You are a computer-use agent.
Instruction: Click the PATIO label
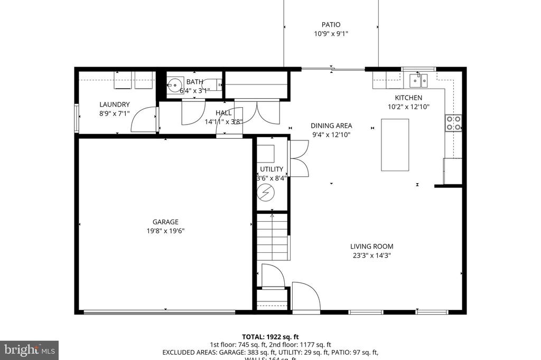tap(331, 24)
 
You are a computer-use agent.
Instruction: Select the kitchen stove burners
tap(453, 123)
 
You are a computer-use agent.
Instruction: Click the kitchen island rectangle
tap(395, 145)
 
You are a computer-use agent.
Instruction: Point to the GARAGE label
tap(165, 222)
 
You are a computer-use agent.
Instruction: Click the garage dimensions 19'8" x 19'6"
tap(165, 231)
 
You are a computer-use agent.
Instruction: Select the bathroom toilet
tap(214, 84)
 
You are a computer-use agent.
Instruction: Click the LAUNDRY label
tap(114, 105)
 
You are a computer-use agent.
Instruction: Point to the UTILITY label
tap(272, 169)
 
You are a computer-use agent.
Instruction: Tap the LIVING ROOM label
tap(371, 247)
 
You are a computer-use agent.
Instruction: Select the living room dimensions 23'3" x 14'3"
tap(371, 255)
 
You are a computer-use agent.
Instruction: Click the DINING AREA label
tap(331, 126)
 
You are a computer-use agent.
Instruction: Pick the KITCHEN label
tap(408, 98)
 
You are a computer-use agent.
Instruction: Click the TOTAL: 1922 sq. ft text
tap(270, 336)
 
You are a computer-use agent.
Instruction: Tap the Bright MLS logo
tap(29, 350)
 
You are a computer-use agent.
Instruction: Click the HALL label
tap(223, 113)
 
